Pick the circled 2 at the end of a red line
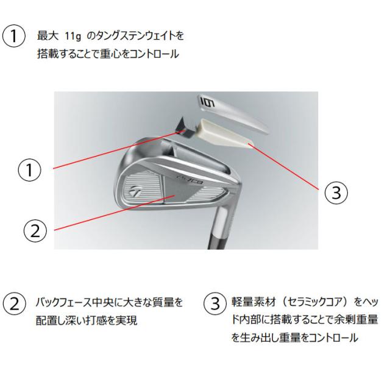[x=35, y=230]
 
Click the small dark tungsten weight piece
[x=181, y=124]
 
